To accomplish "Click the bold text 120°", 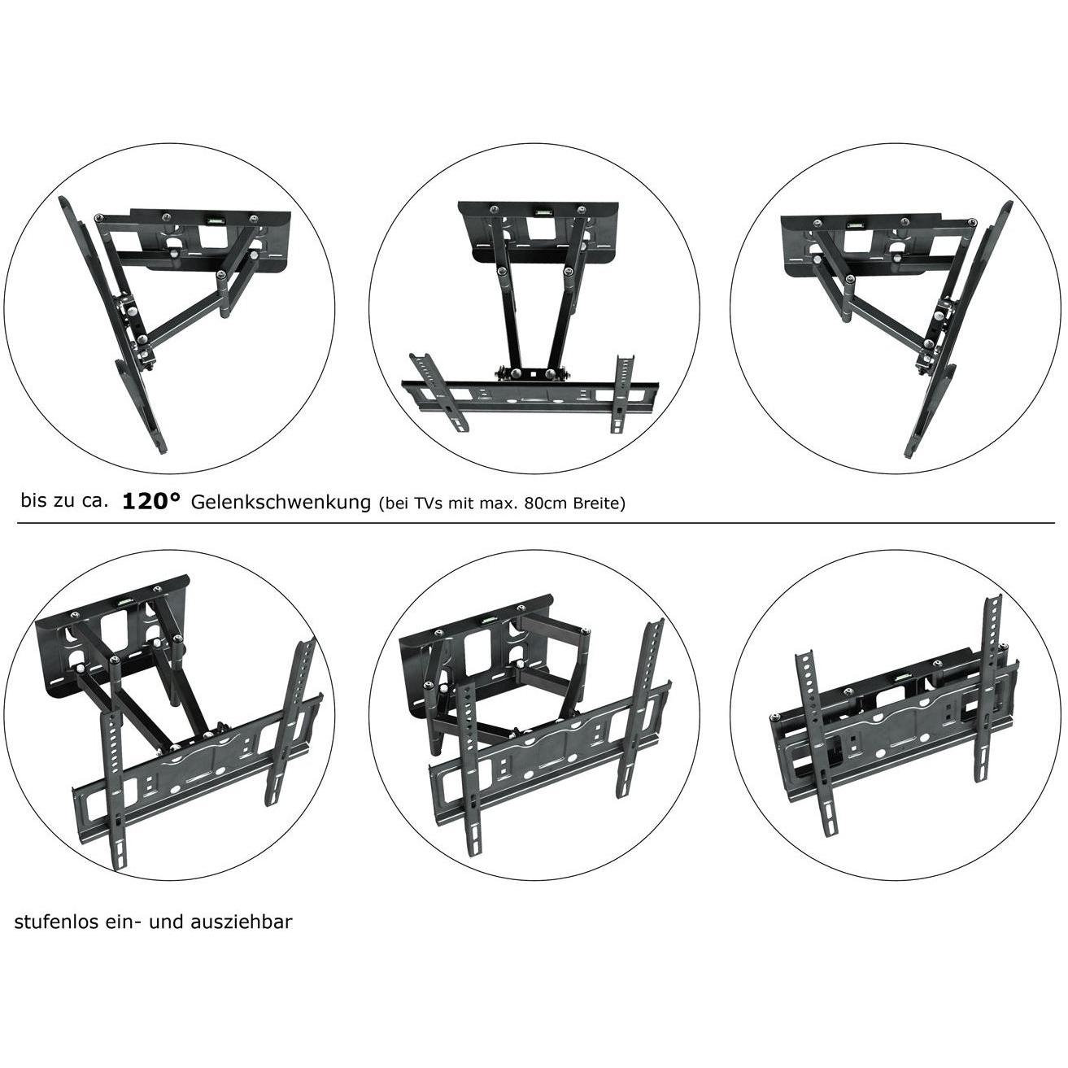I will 151,501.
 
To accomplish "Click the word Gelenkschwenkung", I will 281,502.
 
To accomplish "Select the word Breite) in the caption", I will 600,503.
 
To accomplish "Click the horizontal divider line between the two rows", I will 534,523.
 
